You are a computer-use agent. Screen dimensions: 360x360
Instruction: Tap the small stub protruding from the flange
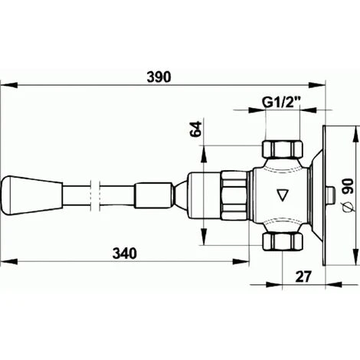pyautogui.click(x=335, y=196)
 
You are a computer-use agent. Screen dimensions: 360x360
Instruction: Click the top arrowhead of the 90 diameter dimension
pyautogui.click(x=355, y=129)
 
